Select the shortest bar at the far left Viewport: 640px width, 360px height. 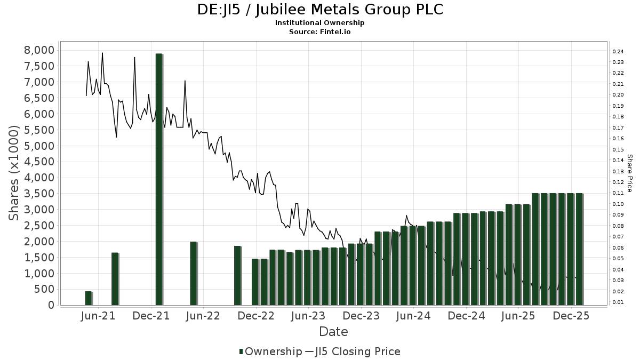[x=88, y=298]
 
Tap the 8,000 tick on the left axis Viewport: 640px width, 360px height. [x=41, y=50]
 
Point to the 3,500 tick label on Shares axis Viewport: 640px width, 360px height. [x=41, y=194]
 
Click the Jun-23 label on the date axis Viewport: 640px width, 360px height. [x=308, y=316]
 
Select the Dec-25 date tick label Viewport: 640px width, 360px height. [x=571, y=316]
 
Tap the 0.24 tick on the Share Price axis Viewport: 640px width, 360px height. [x=618, y=52]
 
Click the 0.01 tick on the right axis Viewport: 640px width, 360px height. [x=618, y=302]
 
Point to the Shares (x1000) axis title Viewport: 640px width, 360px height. [x=14, y=173]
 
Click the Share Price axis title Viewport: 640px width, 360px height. [x=629, y=173]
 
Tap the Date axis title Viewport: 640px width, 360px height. [x=333, y=332]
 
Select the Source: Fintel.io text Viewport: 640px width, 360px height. [x=320, y=31]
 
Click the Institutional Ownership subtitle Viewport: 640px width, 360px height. [x=320, y=23]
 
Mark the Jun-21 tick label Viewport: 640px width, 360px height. [x=98, y=316]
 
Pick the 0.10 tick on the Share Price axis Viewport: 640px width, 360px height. [x=618, y=204]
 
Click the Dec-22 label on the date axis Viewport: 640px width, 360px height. [x=256, y=316]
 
